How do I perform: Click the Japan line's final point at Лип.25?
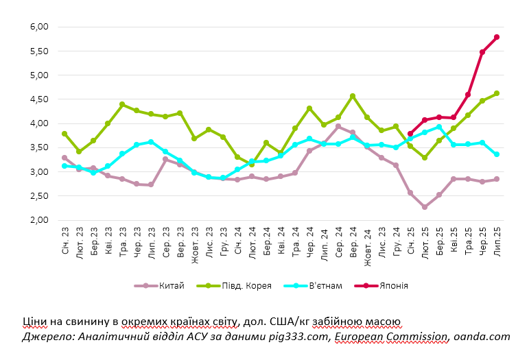[497, 37]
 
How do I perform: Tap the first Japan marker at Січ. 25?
[410, 134]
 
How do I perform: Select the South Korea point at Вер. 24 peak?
[353, 97]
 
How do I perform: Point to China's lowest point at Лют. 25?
[425, 206]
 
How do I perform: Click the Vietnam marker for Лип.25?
[497, 154]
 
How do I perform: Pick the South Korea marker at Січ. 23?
[64, 134]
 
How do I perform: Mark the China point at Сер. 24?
[338, 126]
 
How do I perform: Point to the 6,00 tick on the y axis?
[39, 27]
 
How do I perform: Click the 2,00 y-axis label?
[39, 220]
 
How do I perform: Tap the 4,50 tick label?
[39, 99]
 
